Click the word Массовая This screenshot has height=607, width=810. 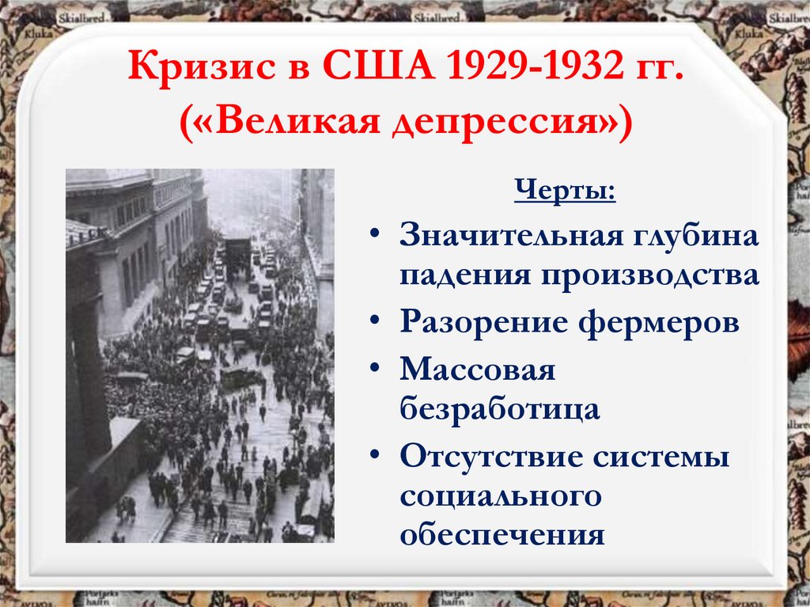[479, 371]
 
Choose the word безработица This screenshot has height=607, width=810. [499, 410]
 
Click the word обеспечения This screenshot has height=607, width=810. [502, 535]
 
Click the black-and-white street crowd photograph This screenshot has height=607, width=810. [199, 355]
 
